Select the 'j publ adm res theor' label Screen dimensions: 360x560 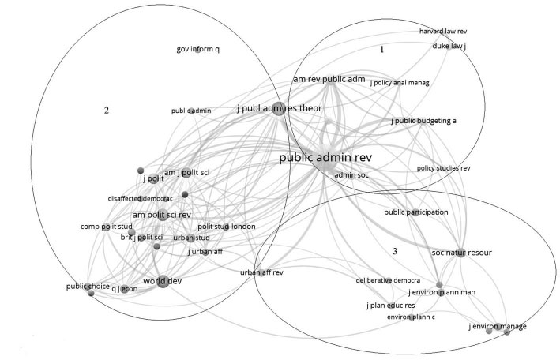point(278,108)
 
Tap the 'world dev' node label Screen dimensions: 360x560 point(162,280)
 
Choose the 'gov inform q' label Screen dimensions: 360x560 point(197,50)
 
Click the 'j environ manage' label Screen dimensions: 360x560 point(497,326)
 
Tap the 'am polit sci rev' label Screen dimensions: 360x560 point(161,215)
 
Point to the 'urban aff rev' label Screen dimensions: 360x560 point(261,272)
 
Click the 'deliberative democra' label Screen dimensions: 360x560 point(388,280)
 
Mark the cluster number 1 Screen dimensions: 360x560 point(382,49)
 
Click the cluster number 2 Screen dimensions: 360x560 point(106,110)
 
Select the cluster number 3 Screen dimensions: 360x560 point(394,251)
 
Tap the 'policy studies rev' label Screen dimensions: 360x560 point(443,168)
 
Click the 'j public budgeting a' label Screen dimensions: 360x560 point(423,121)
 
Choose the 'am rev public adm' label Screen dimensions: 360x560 point(329,79)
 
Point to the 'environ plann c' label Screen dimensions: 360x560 point(411,317)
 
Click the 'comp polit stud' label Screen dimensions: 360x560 point(104,227)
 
